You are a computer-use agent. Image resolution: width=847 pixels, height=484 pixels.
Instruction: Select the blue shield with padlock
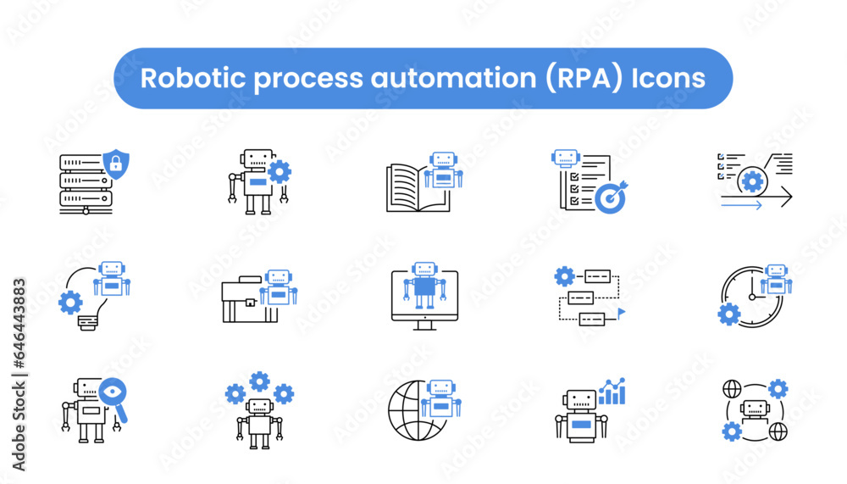[x=115, y=162]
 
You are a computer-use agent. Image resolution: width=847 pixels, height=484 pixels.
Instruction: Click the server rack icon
[x=83, y=183]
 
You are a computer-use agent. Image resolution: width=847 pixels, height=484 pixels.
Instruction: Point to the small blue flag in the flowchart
[x=620, y=313]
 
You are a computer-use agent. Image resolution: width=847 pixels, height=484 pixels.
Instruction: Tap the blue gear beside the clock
[x=728, y=314]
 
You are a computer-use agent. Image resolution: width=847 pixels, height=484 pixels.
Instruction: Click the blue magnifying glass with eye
[x=113, y=395]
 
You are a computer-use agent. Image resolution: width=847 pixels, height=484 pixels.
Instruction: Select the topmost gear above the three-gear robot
[x=259, y=381]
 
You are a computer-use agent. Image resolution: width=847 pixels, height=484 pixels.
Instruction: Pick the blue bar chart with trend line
[x=611, y=392]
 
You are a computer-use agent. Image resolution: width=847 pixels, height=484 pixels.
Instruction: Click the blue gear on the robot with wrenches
[x=279, y=172]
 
